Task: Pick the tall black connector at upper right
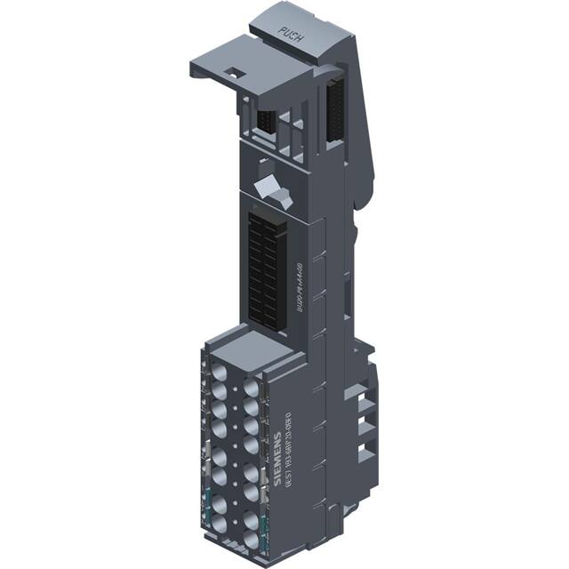(x=335, y=110)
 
